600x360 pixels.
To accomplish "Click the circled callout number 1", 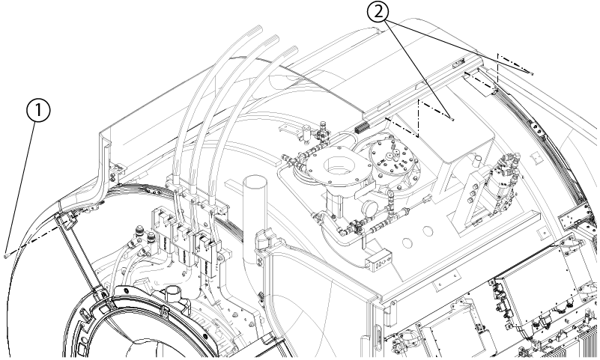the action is pyautogui.click(x=38, y=111).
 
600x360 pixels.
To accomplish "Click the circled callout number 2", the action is pyautogui.click(x=378, y=13).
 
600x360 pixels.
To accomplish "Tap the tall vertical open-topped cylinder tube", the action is pyautogui.click(x=255, y=218).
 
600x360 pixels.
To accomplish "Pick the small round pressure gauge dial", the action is pyautogui.click(x=369, y=209).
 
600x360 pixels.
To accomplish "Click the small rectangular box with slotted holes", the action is pyautogui.click(x=378, y=260).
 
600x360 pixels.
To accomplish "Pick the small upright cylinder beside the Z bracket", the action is pyautogui.click(x=477, y=160).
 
